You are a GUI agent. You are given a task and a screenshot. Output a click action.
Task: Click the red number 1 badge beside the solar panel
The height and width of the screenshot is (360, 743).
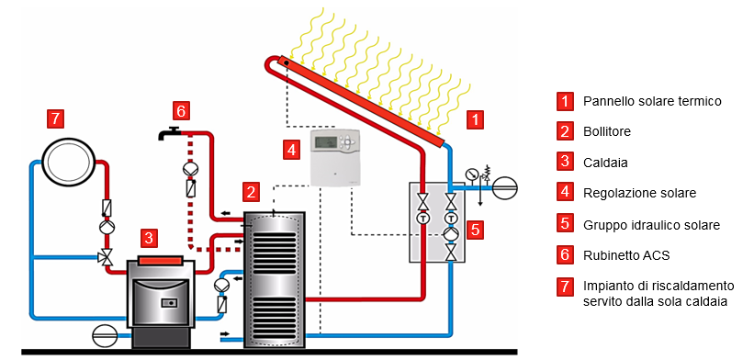(x=475, y=118)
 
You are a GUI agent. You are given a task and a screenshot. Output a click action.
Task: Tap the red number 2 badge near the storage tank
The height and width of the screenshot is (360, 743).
(x=250, y=191)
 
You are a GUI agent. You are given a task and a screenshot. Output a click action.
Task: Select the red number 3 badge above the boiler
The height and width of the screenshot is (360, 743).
(x=149, y=238)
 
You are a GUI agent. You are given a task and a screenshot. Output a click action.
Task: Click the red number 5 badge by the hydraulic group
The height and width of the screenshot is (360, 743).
(x=475, y=229)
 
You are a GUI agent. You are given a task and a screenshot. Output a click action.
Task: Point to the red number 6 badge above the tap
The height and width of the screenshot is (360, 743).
(x=181, y=110)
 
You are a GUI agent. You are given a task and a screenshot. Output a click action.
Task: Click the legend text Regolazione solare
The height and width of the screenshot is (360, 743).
(x=638, y=192)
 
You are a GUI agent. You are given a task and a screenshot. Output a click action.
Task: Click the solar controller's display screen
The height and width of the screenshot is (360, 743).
(x=330, y=141)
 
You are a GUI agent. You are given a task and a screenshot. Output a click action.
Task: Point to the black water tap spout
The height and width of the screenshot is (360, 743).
(x=166, y=134)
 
